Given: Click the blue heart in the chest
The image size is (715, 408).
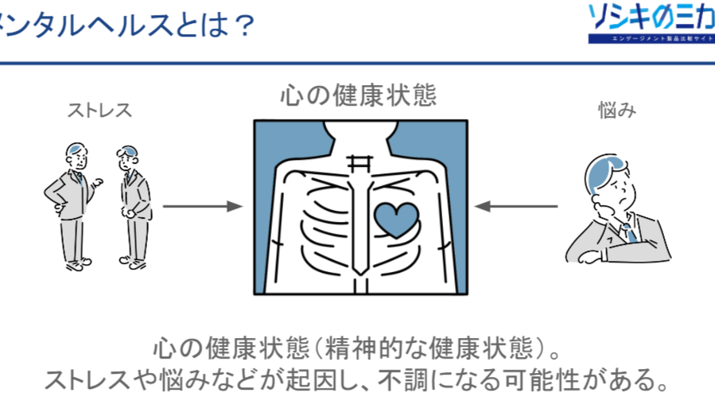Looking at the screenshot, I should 395,219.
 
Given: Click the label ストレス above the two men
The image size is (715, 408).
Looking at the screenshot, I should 99,111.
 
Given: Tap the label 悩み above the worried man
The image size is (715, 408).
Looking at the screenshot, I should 617,111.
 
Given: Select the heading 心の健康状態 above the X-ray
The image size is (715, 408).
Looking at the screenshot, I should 359,96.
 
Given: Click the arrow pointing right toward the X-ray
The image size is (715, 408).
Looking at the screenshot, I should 202,207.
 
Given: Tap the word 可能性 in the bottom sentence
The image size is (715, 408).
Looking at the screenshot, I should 550,379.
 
